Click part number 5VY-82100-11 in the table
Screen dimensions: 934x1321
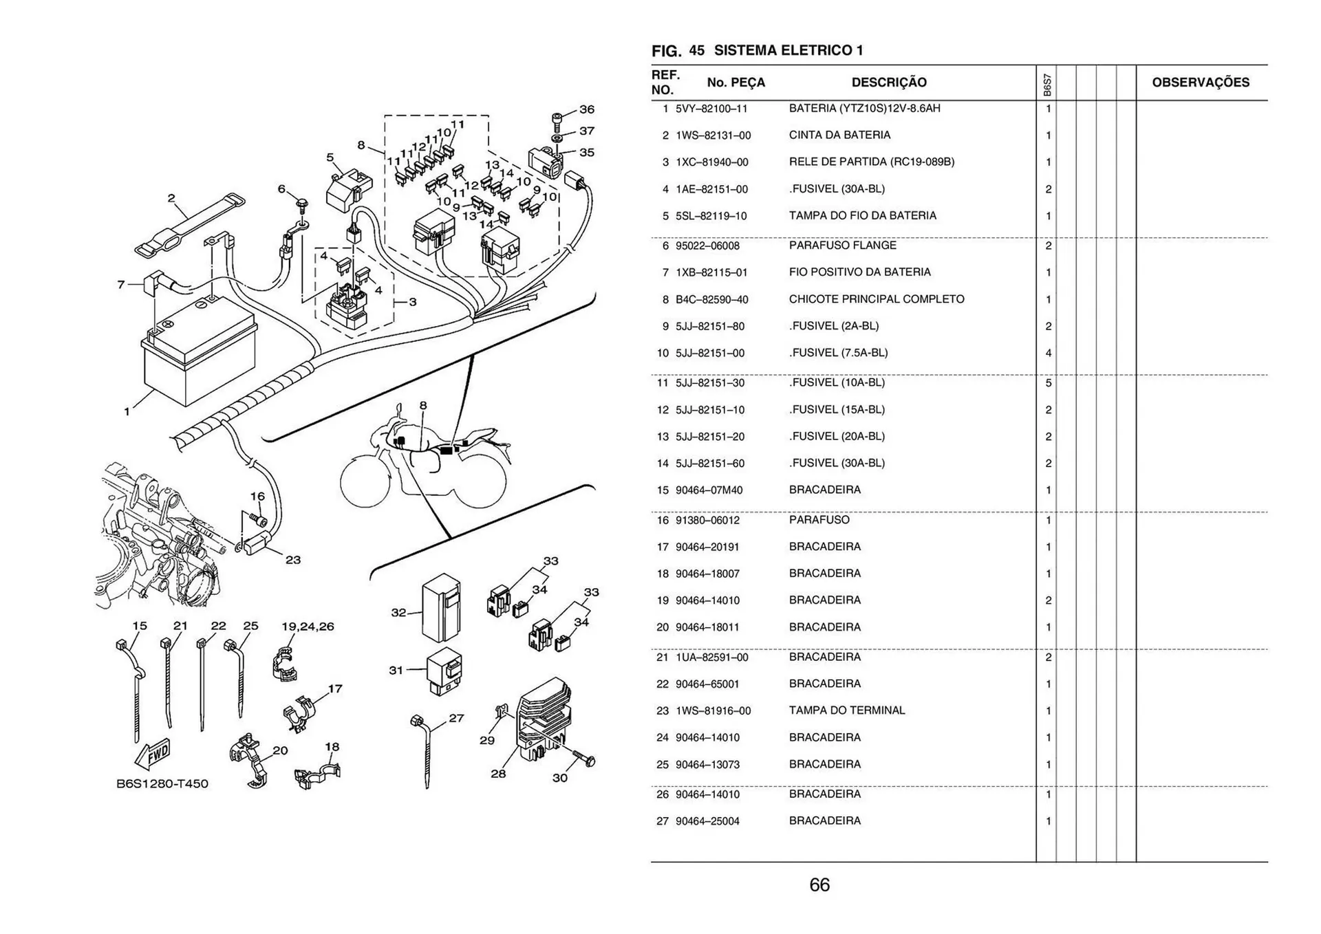pos(711,109)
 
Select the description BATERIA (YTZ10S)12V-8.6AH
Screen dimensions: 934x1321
pos(864,109)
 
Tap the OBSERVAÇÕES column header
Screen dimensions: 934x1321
pos(1201,83)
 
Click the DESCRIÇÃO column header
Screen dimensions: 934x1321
pos(889,83)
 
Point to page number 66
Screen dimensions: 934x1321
pos(819,884)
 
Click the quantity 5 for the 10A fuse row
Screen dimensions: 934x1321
pos(1049,383)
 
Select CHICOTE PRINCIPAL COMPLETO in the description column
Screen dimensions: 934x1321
pos(877,299)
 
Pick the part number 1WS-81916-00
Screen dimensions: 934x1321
pos(713,711)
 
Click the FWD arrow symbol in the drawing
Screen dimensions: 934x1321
pos(153,754)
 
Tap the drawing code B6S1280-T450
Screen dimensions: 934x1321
pos(162,783)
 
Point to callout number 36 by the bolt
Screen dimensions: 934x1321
pos(586,109)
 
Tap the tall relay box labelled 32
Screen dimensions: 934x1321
pos(441,609)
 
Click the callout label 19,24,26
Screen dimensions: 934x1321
pos(308,627)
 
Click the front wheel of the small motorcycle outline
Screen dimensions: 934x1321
pos(365,481)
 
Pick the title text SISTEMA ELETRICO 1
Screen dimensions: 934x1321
pos(788,50)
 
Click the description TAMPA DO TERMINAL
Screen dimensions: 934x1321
pos(847,710)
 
